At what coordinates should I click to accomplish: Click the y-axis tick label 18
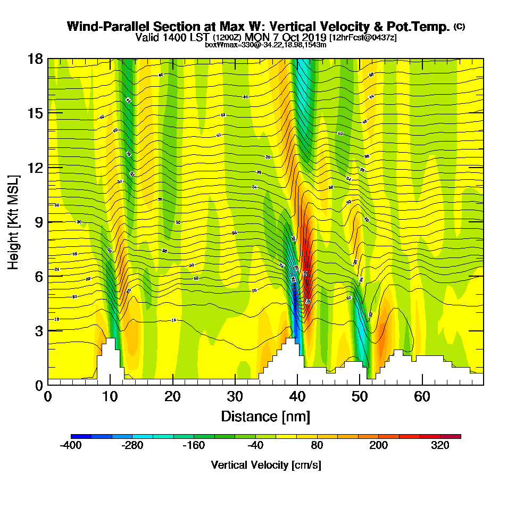coord(35,59)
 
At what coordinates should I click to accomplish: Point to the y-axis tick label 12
coord(35,167)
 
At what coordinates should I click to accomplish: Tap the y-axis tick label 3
coord(39,330)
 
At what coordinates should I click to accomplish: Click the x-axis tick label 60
coord(422,396)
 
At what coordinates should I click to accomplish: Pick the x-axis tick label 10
coord(110,396)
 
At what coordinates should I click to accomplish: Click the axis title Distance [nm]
coord(265,416)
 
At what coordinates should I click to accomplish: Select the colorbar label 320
coord(440,446)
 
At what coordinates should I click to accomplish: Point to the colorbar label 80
coord(317,446)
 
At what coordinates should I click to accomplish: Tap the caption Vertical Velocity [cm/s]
coord(265,465)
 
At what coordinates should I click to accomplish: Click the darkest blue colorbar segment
coord(81,436)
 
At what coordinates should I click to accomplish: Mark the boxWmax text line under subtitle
coord(265,45)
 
